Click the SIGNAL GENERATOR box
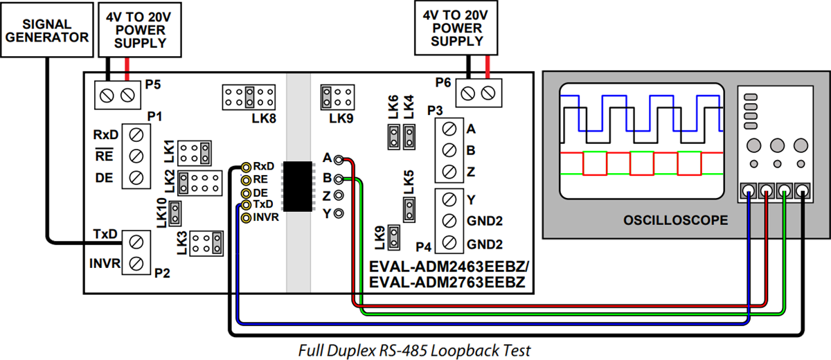pyautogui.click(x=46, y=28)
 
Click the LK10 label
pyautogui.click(x=161, y=213)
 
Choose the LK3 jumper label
pyautogui.click(x=181, y=244)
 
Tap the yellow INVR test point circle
pyautogui.click(x=246, y=217)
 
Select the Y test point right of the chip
pyautogui.click(x=338, y=214)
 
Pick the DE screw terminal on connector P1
pyautogui.click(x=136, y=178)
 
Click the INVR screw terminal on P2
pyautogui.click(x=136, y=263)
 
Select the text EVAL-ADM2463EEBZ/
pyautogui.click(x=449, y=267)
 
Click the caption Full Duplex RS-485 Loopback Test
pyautogui.click(x=414, y=350)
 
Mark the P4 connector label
pyautogui.click(x=424, y=246)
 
